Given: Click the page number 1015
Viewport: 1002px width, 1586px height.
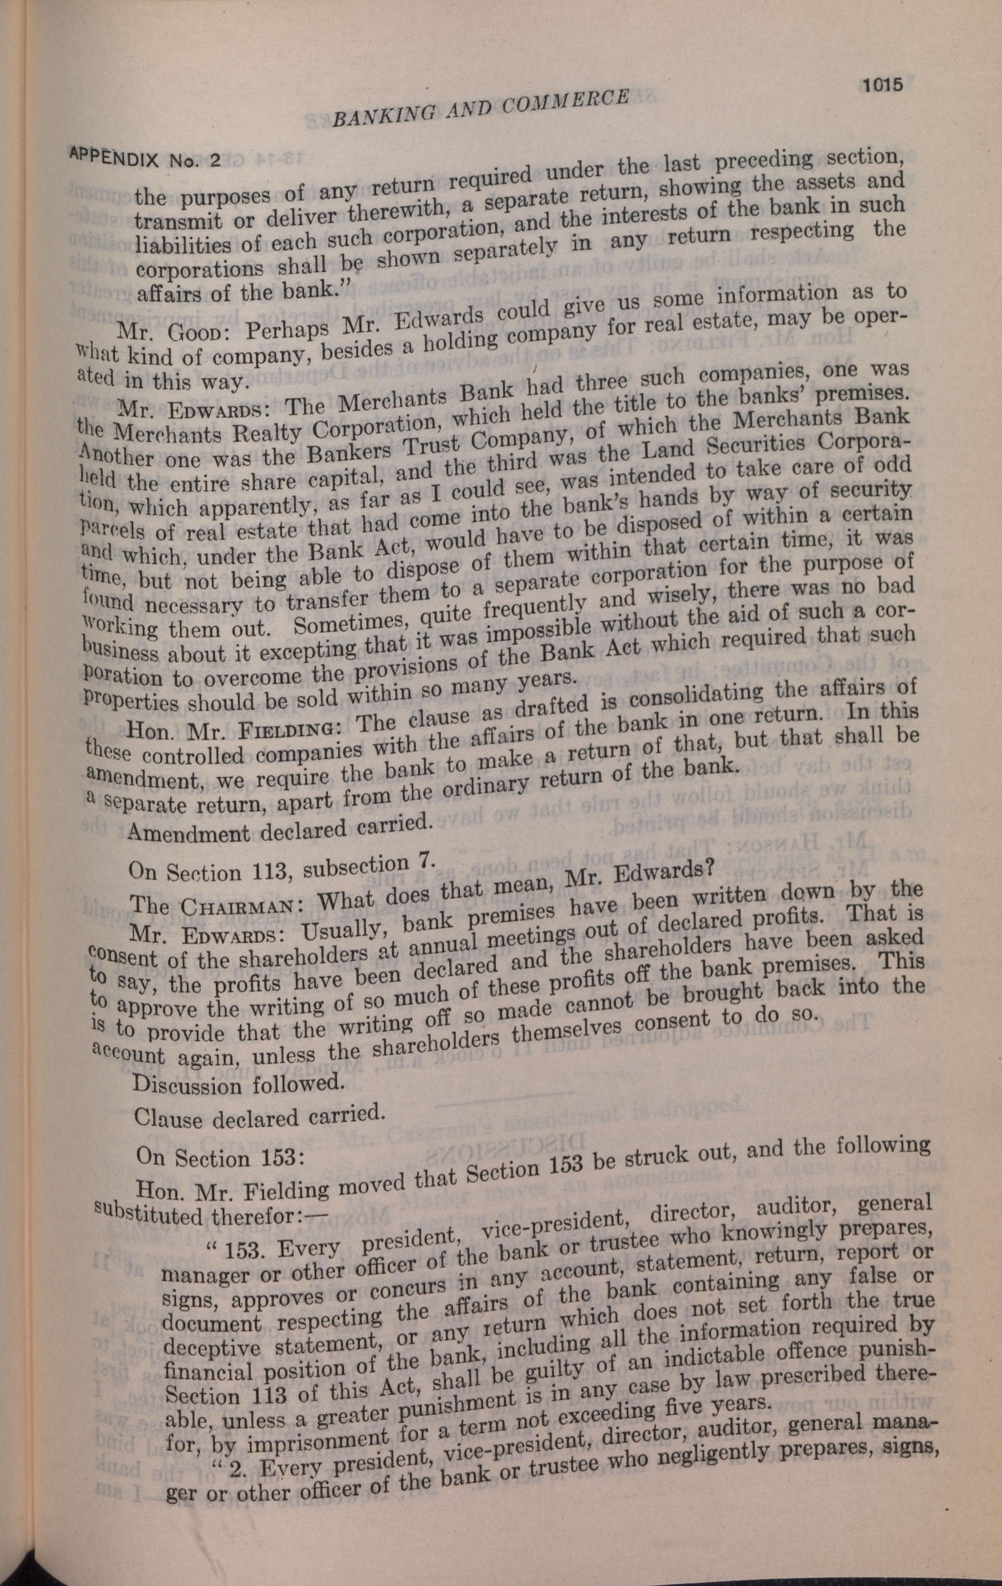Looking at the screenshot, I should tap(880, 85).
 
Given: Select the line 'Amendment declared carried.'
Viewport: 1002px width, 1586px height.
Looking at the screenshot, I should tap(279, 828).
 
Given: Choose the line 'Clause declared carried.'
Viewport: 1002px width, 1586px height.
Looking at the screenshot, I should tap(258, 1117).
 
